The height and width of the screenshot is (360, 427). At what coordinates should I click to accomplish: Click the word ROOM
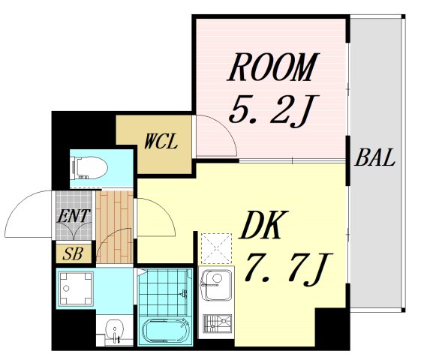(x=271, y=68)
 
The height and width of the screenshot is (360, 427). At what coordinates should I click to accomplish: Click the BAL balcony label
(x=375, y=159)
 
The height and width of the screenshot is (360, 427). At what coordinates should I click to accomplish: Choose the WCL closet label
(x=161, y=141)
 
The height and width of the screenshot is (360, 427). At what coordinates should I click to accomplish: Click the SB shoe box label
(x=73, y=253)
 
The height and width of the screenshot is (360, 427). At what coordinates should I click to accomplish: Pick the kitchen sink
(x=215, y=286)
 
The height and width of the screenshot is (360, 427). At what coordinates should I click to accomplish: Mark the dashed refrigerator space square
(x=217, y=247)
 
